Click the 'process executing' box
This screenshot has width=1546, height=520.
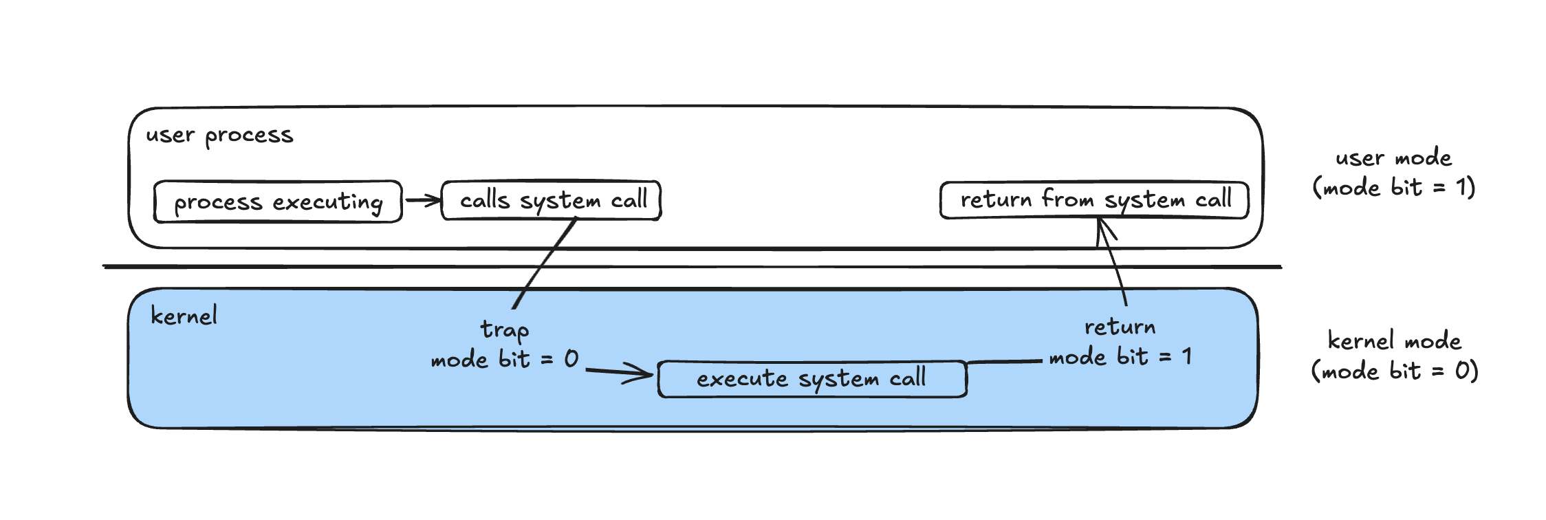[278, 202]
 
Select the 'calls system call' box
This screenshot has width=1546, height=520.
[552, 200]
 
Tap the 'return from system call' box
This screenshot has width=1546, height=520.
[1094, 200]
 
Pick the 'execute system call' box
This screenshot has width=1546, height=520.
[812, 379]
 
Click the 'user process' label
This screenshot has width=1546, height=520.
[219, 136]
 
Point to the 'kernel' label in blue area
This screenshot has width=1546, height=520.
[184, 316]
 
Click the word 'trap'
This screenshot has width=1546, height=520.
[504, 330]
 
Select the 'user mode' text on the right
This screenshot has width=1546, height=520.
[1393, 158]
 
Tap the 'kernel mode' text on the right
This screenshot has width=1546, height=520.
[1394, 341]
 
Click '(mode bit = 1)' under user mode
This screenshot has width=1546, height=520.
[1394, 188]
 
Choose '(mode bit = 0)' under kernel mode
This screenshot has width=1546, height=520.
[1394, 371]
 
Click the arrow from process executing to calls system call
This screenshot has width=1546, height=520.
[422, 201]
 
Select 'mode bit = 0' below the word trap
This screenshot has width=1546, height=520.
[504, 359]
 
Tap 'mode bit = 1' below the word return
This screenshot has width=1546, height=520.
[1120, 356]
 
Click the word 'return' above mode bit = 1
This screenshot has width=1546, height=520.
[1120, 327]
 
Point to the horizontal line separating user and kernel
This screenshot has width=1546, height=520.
[688, 267]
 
